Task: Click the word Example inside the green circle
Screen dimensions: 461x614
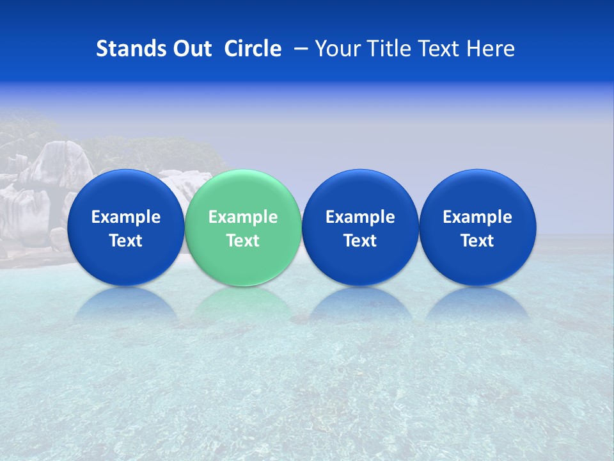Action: point(243,217)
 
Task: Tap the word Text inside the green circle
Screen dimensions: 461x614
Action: point(243,241)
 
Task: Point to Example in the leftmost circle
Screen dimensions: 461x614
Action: point(125,217)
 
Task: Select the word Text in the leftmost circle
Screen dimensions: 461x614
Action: point(125,241)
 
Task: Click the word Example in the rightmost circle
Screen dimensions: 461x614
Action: point(478,217)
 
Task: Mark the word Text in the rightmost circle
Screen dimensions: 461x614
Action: point(478,241)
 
